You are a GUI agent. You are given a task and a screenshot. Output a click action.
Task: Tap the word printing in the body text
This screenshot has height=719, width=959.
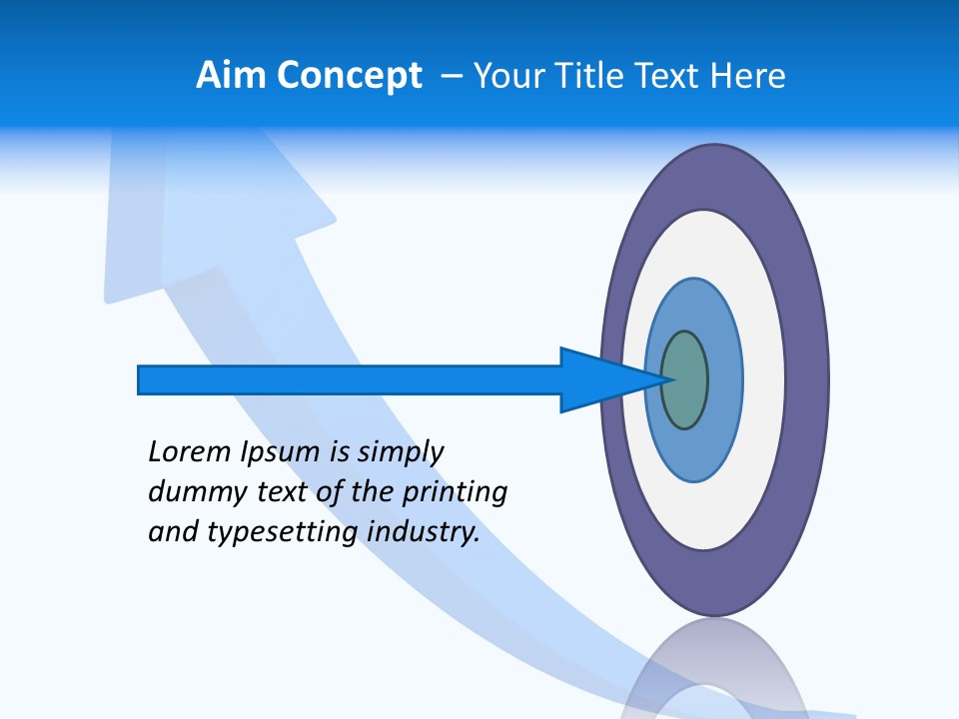pyautogui.click(x=456, y=492)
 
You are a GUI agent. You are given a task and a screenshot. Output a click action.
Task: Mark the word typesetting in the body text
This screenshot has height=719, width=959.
pyautogui.click(x=283, y=532)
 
